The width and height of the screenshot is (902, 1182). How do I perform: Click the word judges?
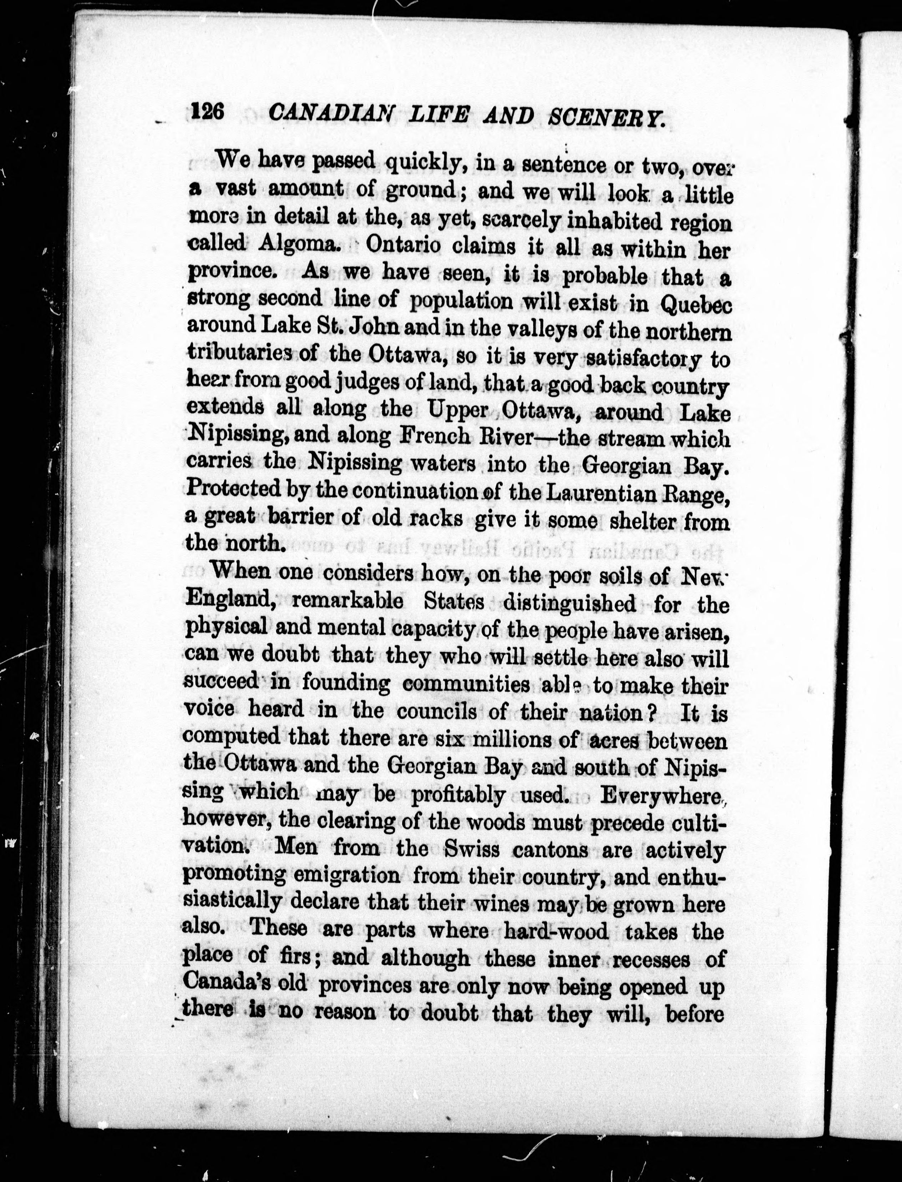(370, 383)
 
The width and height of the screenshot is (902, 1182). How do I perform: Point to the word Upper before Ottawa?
(459, 410)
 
